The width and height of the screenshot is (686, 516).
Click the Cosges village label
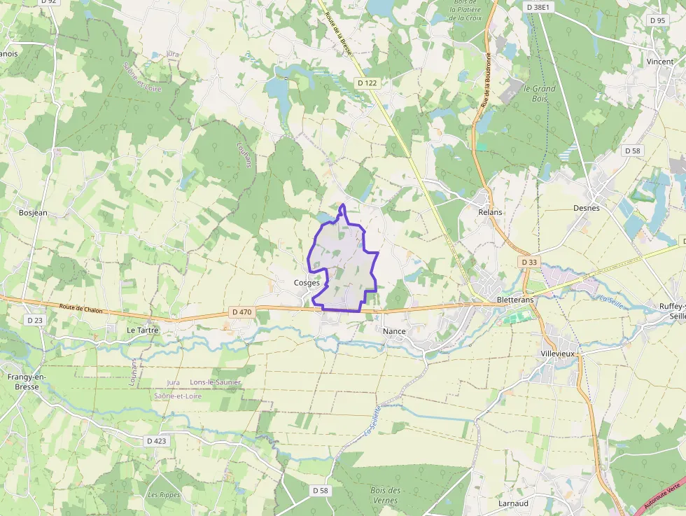[x=307, y=283]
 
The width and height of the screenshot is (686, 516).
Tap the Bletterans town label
[x=514, y=300]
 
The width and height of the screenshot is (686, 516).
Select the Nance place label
[x=395, y=330]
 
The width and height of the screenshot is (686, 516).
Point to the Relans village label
[x=491, y=211]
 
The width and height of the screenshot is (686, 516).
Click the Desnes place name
[x=587, y=208]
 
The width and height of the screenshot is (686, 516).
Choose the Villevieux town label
[x=558, y=354]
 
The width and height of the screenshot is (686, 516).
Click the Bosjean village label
[x=33, y=212]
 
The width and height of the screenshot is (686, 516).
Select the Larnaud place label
[x=512, y=503]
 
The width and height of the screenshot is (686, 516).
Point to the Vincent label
[x=660, y=62]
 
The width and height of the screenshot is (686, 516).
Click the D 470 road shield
[x=240, y=312]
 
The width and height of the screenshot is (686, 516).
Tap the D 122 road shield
[x=367, y=83]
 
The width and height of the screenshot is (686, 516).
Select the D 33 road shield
[x=529, y=262]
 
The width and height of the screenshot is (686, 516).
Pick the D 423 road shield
[x=157, y=441]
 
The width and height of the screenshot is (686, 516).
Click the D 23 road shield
[x=34, y=320]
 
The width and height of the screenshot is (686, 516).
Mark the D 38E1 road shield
[x=539, y=6]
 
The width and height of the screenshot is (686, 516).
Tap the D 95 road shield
[x=657, y=20]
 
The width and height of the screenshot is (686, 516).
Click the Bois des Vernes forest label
[x=386, y=495]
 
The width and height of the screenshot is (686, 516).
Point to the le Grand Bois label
[x=540, y=93]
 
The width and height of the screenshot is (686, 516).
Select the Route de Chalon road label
[x=81, y=308]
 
